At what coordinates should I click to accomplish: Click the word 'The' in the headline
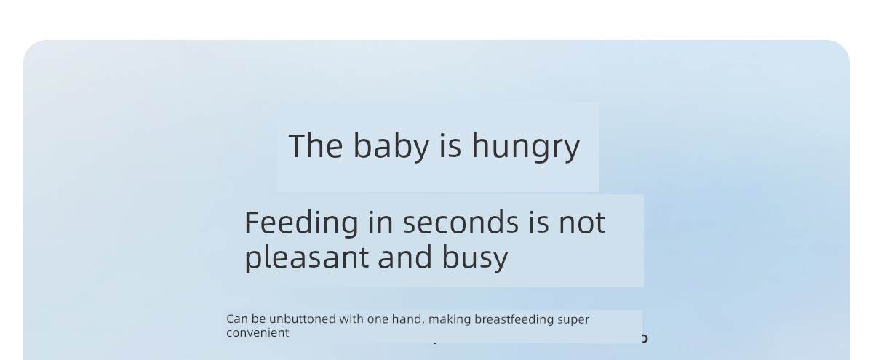[x=316, y=145]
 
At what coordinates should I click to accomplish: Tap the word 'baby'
[x=391, y=147]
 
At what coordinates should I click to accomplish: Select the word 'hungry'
[x=526, y=147]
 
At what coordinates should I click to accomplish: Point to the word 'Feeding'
[x=301, y=223]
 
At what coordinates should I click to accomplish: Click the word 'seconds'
[x=461, y=222]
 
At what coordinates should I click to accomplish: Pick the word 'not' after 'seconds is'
[x=582, y=223]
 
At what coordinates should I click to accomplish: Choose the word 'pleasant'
[x=306, y=258]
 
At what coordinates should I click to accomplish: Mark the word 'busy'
[x=475, y=258]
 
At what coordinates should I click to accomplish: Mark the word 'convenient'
[x=258, y=333]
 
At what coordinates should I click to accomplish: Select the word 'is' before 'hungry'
[x=450, y=145]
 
